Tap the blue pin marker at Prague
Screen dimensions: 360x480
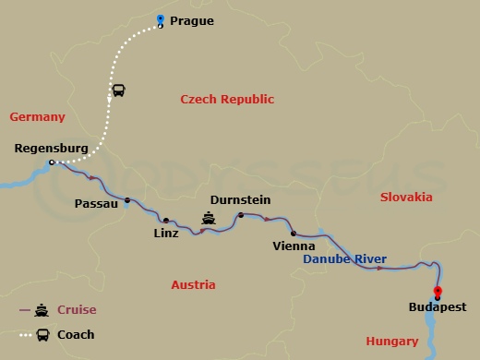click(161, 20)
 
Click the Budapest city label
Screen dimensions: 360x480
click(438, 307)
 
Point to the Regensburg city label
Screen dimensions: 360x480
click(52, 148)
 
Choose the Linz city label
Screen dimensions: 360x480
click(166, 234)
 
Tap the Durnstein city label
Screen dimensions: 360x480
click(241, 198)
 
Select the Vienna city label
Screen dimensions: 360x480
click(294, 246)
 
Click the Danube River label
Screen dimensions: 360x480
click(345, 259)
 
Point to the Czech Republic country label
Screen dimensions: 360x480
click(227, 99)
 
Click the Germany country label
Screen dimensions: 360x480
click(37, 117)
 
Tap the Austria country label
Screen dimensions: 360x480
click(193, 285)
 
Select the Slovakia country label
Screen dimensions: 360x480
click(405, 198)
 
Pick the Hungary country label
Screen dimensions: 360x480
click(392, 341)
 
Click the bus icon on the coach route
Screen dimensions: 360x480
click(119, 90)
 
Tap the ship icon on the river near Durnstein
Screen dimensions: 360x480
click(210, 220)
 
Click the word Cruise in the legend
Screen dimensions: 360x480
click(78, 310)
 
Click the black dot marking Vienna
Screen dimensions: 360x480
click(294, 234)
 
